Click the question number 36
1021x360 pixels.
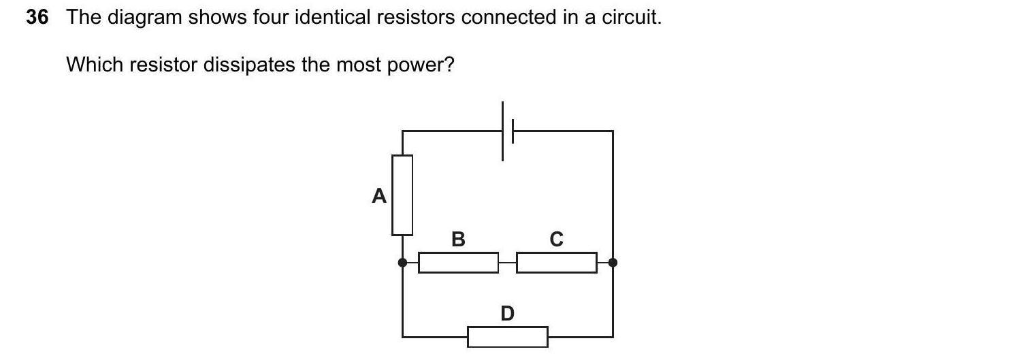37,18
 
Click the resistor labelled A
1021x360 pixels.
402,195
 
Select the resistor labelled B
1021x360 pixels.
458,263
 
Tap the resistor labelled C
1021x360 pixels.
556,263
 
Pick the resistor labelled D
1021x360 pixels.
507,337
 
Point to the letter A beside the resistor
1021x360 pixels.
379,197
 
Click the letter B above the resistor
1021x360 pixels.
458,239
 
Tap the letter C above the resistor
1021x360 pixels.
556,239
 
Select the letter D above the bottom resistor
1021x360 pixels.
507,313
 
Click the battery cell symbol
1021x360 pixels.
507,131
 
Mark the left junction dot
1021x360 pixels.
402,263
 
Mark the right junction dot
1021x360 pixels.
613,263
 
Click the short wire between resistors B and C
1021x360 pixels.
507,263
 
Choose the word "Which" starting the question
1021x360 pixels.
94,65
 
